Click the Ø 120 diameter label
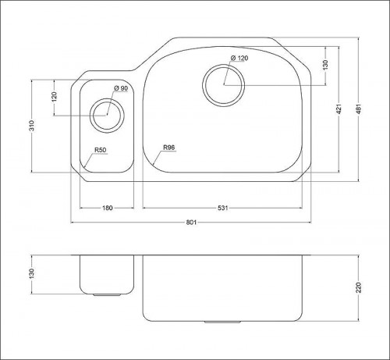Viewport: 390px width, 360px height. click(x=239, y=58)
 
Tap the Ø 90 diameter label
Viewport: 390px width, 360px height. click(x=121, y=88)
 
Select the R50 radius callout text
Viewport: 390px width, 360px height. click(x=101, y=150)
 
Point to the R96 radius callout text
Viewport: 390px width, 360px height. click(x=169, y=148)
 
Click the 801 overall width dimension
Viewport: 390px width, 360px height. click(x=191, y=223)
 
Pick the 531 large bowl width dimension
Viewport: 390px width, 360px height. click(x=222, y=208)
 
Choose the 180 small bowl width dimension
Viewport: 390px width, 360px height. click(x=108, y=208)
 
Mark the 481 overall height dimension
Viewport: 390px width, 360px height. click(x=359, y=109)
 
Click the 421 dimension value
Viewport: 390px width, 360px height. click(x=339, y=109)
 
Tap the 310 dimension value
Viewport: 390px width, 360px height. click(x=31, y=126)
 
